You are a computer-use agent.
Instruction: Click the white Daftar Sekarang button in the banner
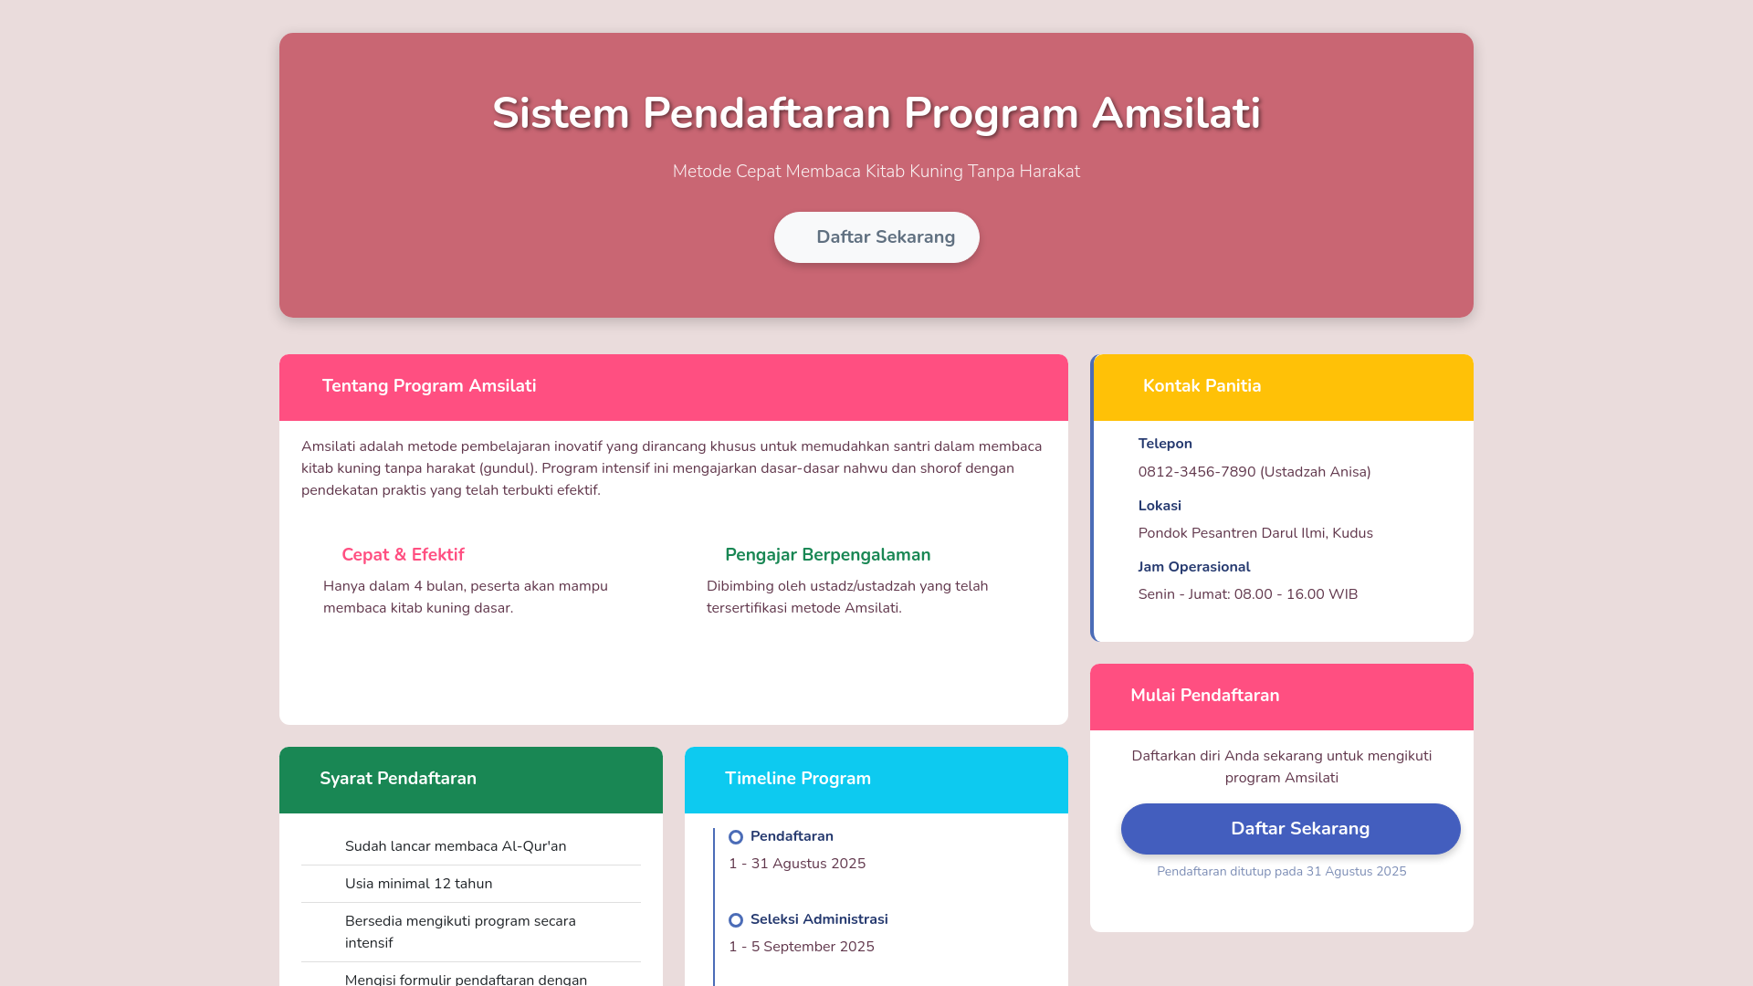click(x=876, y=237)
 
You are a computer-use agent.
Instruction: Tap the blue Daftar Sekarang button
click(x=1290, y=829)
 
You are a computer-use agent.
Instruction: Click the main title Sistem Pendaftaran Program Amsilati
click(x=876, y=113)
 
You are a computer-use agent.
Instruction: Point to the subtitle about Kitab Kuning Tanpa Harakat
click(x=876, y=172)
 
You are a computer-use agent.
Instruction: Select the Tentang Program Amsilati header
click(x=429, y=386)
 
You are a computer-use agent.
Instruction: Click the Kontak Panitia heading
click(x=1202, y=386)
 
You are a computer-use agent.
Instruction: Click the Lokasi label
click(x=1160, y=506)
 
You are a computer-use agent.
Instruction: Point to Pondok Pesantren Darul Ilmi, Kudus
click(x=1255, y=533)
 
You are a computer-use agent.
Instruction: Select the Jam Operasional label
click(x=1194, y=567)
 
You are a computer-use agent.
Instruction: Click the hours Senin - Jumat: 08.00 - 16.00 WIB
click(x=1247, y=594)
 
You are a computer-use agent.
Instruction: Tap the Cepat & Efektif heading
click(x=403, y=555)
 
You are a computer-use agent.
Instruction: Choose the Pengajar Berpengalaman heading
click(x=827, y=555)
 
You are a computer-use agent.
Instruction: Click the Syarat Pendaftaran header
click(x=398, y=779)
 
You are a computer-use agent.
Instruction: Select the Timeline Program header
click(x=798, y=779)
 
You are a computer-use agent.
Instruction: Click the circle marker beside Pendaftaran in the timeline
click(x=736, y=837)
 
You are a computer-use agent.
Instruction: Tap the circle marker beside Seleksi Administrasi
click(x=736, y=920)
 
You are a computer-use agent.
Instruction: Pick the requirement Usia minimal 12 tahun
click(x=418, y=884)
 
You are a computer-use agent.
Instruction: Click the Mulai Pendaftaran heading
click(x=1204, y=696)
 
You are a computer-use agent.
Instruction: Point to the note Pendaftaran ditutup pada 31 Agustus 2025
click(x=1281, y=872)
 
